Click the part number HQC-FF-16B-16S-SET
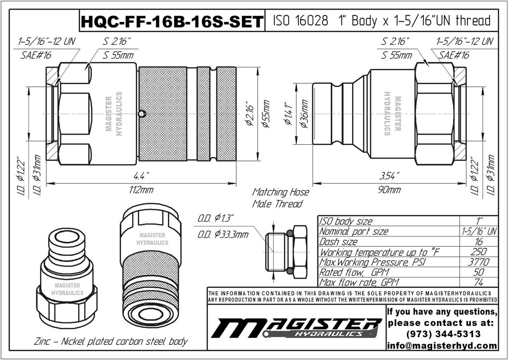(x=172, y=22)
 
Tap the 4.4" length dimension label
(x=141, y=176)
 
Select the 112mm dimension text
(x=141, y=190)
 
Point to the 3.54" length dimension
(x=389, y=176)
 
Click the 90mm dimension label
(x=389, y=190)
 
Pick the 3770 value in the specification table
(x=479, y=262)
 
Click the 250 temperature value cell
(x=479, y=251)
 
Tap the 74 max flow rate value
(x=479, y=282)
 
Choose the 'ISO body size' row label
(x=345, y=221)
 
